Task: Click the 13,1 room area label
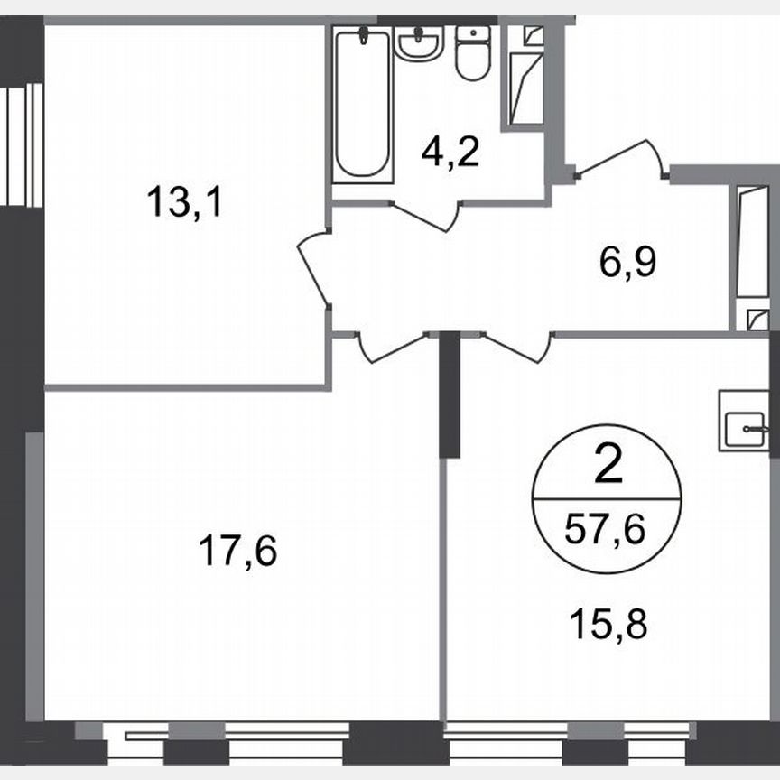183,200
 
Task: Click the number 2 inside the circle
608,468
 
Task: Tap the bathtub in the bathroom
363,105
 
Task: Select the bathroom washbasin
419,43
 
